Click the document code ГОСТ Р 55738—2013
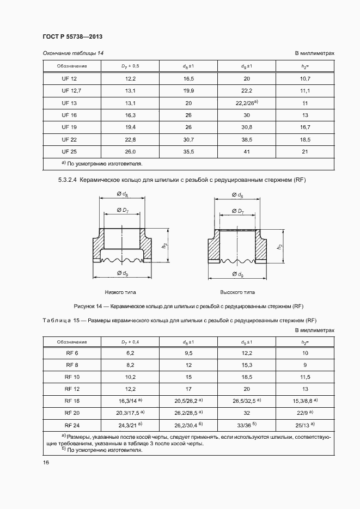(x=72, y=36)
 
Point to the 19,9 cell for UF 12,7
(x=188, y=90)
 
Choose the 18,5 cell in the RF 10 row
(x=247, y=377)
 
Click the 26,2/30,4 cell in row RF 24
(x=188, y=425)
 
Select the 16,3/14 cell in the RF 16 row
(x=129, y=401)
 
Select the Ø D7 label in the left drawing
(x=120, y=210)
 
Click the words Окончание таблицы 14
(x=73, y=53)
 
